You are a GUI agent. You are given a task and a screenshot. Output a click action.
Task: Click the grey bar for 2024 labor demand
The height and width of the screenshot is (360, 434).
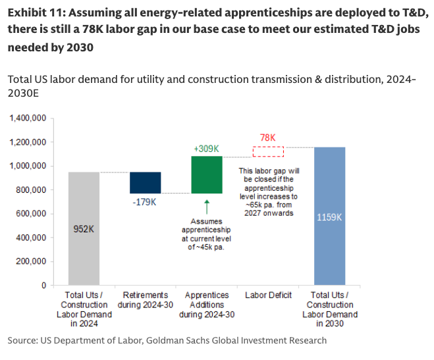84,228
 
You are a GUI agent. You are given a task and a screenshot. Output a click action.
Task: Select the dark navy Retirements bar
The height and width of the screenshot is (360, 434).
145,182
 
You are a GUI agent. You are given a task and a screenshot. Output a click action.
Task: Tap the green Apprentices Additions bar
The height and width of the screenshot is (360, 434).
206,174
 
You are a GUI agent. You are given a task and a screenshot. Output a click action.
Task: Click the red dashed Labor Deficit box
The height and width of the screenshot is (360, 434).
268,151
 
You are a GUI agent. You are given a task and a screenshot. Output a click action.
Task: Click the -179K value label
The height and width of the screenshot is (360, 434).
144,201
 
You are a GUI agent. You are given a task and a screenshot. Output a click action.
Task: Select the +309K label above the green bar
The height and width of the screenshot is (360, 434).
206,148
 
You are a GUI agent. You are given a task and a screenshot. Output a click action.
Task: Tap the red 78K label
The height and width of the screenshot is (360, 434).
268,138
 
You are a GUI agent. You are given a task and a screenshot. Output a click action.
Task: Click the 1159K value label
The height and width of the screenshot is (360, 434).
329,218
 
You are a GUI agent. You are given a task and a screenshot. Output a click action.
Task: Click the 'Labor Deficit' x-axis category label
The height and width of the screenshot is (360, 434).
268,296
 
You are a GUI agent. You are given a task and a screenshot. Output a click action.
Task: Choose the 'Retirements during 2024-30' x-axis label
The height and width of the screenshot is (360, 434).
145,300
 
